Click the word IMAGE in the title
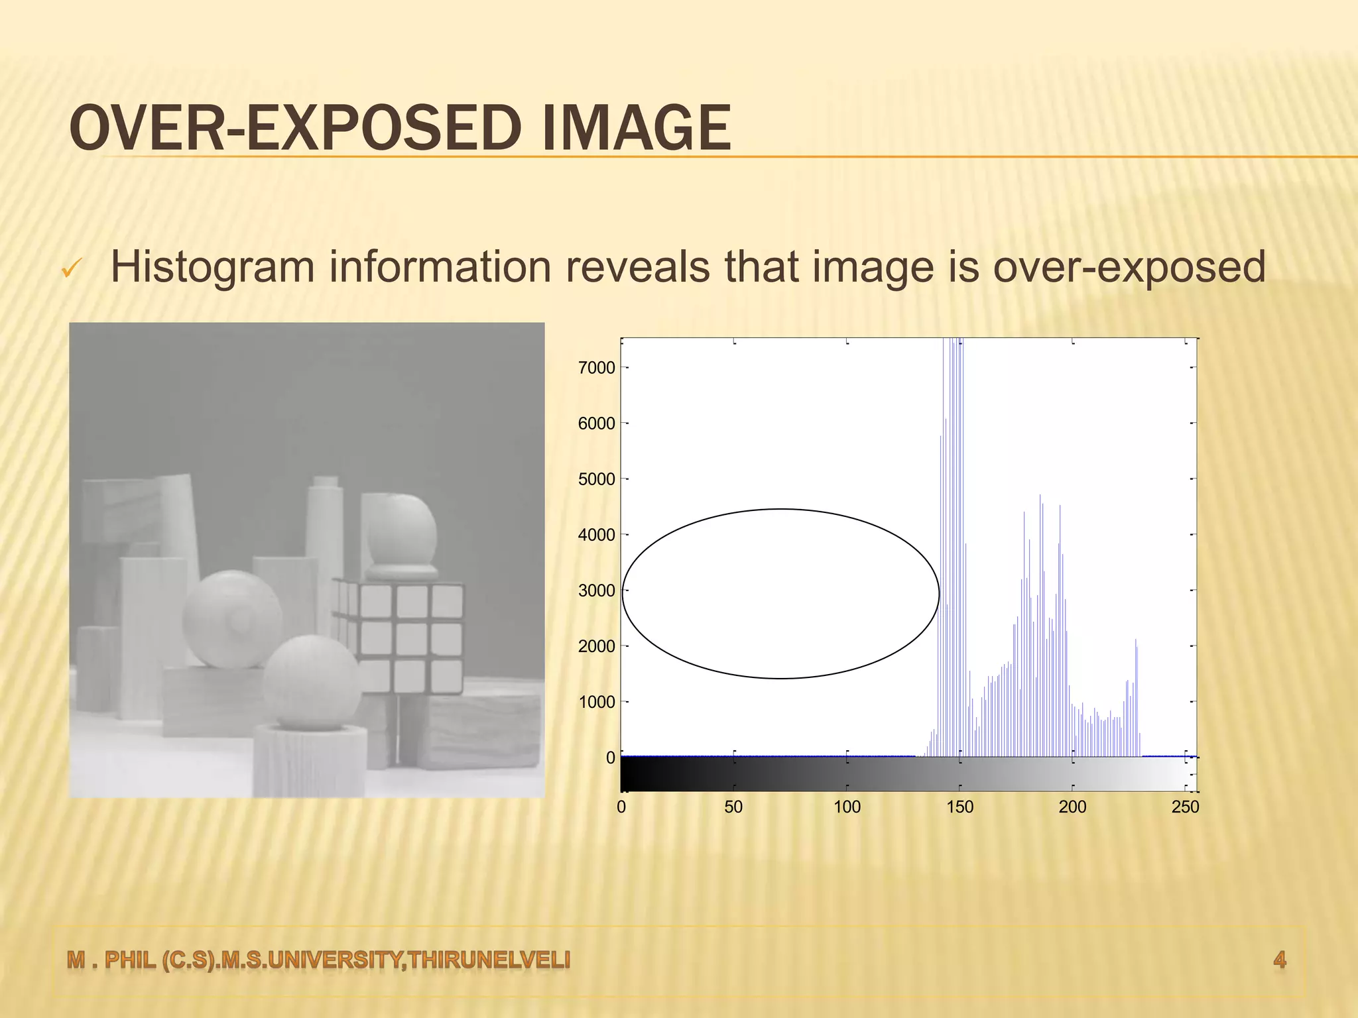pyautogui.click(x=636, y=129)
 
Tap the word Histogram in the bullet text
pyautogui.click(x=212, y=267)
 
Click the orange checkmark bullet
pyautogui.click(x=70, y=269)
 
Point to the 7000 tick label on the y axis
pyautogui.click(x=596, y=368)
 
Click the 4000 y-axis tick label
pyautogui.click(x=596, y=535)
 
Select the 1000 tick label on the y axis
pyautogui.click(x=596, y=702)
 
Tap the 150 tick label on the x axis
pyautogui.click(x=959, y=807)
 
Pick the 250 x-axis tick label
pyautogui.click(x=1185, y=807)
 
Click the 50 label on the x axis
pyautogui.click(x=733, y=807)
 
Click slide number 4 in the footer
pyautogui.click(x=1279, y=959)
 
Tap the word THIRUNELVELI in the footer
pyautogui.click(x=489, y=959)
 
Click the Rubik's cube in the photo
pyautogui.click(x=398, y=636)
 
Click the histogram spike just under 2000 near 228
pyautogui.click(x=1136, y=696)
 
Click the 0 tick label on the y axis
pyautogui.click(x=610, y=758)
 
